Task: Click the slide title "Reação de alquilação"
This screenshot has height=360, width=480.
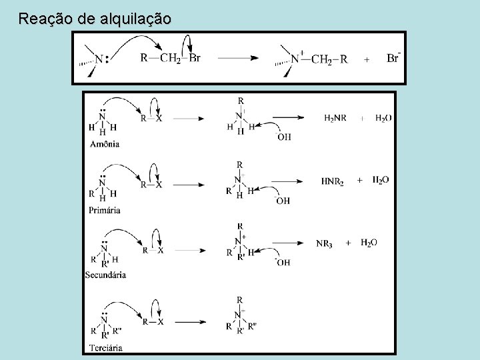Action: pos(95,18)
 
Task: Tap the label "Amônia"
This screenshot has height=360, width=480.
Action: pos(104,144)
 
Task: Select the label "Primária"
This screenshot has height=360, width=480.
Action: pos(103,210)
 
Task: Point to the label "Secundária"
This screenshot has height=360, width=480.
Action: pos(106,275)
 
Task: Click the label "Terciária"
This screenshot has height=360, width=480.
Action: pos(105,347)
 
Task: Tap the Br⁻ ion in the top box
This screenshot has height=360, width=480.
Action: pos(393,58)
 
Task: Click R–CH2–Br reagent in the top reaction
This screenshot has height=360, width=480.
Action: pos(170,58)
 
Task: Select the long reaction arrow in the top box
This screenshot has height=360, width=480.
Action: pos(238,58)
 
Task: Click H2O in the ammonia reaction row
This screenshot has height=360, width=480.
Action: pos(383,118)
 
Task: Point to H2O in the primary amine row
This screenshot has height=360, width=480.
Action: pos(380,180)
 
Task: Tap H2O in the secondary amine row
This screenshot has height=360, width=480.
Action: pos(369,243)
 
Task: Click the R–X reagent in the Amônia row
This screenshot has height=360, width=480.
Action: pos(152,119)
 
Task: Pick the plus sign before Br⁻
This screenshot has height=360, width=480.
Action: pos(366,59)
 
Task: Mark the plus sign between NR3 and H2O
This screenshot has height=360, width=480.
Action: pos(348,244)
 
